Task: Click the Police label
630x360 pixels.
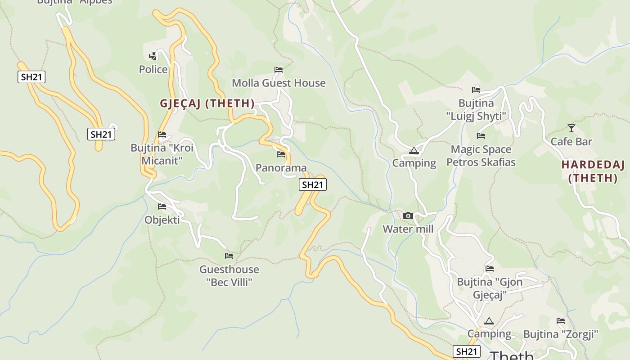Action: click(x=153, y=69)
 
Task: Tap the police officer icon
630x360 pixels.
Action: click(x=153, y=56)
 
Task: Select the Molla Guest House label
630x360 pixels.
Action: click(x=279, y=83)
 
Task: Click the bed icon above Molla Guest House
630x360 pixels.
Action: click(x=279, y=70)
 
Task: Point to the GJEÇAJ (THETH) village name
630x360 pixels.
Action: click(x=207, y=103)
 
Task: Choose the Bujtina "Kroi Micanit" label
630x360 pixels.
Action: click(x=162, y=154)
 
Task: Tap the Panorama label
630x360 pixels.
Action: click(x=281, y=168)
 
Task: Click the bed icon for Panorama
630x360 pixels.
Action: click(x=281, y=154)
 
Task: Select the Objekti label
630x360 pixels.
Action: click(x=162, y=220)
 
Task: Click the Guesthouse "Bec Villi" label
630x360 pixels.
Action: click(x=229, y=276)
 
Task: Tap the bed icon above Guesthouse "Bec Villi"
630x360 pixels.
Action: click(x=229, y=256)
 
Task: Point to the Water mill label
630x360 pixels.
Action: click(x=408, y=229)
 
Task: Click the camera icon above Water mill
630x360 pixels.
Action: click(x=408, y=216)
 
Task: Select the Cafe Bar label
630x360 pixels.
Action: click(x=571, y=141)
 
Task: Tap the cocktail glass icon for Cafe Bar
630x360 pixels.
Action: click(x=571, y=128)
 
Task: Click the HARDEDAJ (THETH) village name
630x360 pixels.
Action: click(x=593, y=171)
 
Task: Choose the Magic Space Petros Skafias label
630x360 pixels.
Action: click(x=481, y=156)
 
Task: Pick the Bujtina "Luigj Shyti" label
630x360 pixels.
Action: click(x=476, y=110)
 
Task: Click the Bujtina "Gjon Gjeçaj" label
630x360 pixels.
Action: click(x=490, y=288)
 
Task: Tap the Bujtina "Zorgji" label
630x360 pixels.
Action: click(x=560, y=334)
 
